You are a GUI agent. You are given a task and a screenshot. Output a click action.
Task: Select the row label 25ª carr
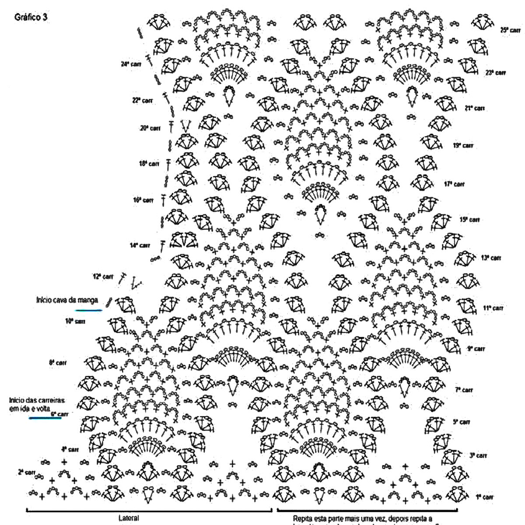pyautogui.click(x=510, y=30)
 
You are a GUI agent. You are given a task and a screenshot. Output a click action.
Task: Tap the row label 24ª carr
pyautogui.click(x=131, y=64)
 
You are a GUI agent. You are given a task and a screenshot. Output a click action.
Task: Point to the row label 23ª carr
pyautogui.click(x=495, y=73)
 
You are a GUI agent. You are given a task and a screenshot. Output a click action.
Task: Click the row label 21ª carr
pyautogui.click(x=474, y=108)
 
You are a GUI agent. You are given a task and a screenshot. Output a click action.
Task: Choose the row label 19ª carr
pyautogui.click(x=463, y=145)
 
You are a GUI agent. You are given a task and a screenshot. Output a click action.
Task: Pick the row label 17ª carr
pyautogui.click(x=454, y=184)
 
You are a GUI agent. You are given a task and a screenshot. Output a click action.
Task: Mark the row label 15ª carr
pyautogui.click(x=469, y=220)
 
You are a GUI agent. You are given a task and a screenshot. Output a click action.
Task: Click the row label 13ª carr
pyautogui.click(x=491, y=258)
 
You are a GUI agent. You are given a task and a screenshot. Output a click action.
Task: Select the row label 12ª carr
pyautogui.click(x=103, y=276)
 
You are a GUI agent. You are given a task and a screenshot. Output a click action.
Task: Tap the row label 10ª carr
pyautogui.click(x=75, y=322)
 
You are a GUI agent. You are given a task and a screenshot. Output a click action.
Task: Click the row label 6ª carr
pyautogui.click(x=59, y=413)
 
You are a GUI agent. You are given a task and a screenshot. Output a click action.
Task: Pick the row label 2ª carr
pyautogui.click(x=27, y=472)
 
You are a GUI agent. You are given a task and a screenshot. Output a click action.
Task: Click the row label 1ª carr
pyautogui.click(x=485, y=497)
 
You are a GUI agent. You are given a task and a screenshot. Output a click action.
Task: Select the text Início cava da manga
pyautogui.click(x=67, y=301)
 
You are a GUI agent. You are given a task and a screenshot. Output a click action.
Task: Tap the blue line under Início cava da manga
pyautogui.click(x=88, y=310)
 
